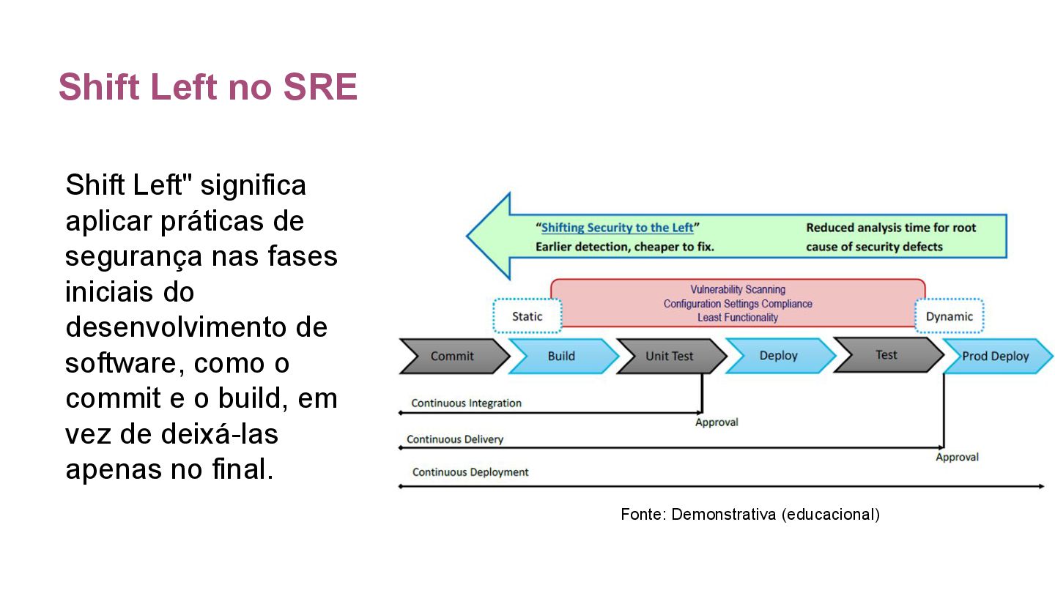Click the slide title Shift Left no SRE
pyautogui.click(x=208, y=88)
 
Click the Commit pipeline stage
pyautogui.click(x=452, y=357)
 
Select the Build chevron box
pyautogui.click(x=561, y=357)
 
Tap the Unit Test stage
pyautogui.click(x=669, y=357)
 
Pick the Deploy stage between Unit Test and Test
pyautogui.click(x=778, y=356)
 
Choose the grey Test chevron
pyautogui.click(x=886, y=355)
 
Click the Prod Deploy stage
pyautogui.click(x=995, y=357)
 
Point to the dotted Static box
pyautogui.click(x=527, y=316)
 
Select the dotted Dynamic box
pyautogui.click(x=949, y=316)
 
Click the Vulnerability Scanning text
pyautogui.click(x=738, y=290)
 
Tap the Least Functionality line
pyautogui.click(x=738, y=318)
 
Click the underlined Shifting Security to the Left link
pyautogui.click(x=617, y=228)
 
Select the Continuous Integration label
pyautogui.click(x=466, y=403)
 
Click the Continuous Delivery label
pyautogui.click(x=455, y=439)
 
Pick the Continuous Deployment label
pyautogui.click(x=470, y=472)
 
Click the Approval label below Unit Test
pyautogui.click(x=717, y=422)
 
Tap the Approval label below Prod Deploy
pyautogui.click(x=957, y=458)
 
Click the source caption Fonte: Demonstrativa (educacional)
pyautogui.click(x=749, y=514)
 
